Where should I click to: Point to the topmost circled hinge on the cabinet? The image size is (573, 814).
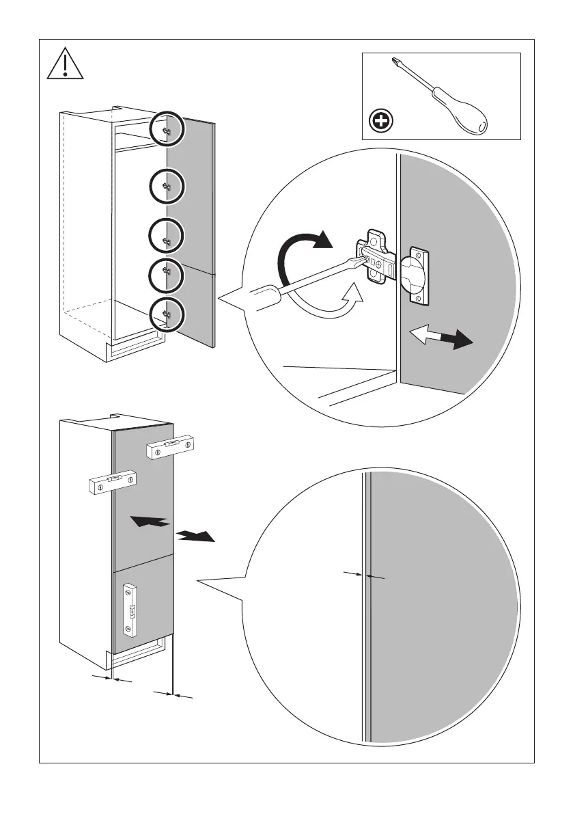[x=167, y=127]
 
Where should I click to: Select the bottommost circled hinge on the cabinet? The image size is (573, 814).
[x=167, y=314]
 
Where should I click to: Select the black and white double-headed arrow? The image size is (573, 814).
[x=441, y=338]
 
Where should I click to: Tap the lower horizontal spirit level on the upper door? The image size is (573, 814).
[x=112, y=482]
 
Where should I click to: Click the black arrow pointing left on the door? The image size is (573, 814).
[x=151, y=522]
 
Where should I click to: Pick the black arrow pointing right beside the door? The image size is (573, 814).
[x=195, y=535]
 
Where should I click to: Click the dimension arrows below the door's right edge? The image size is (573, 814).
[x=174, y=695]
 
